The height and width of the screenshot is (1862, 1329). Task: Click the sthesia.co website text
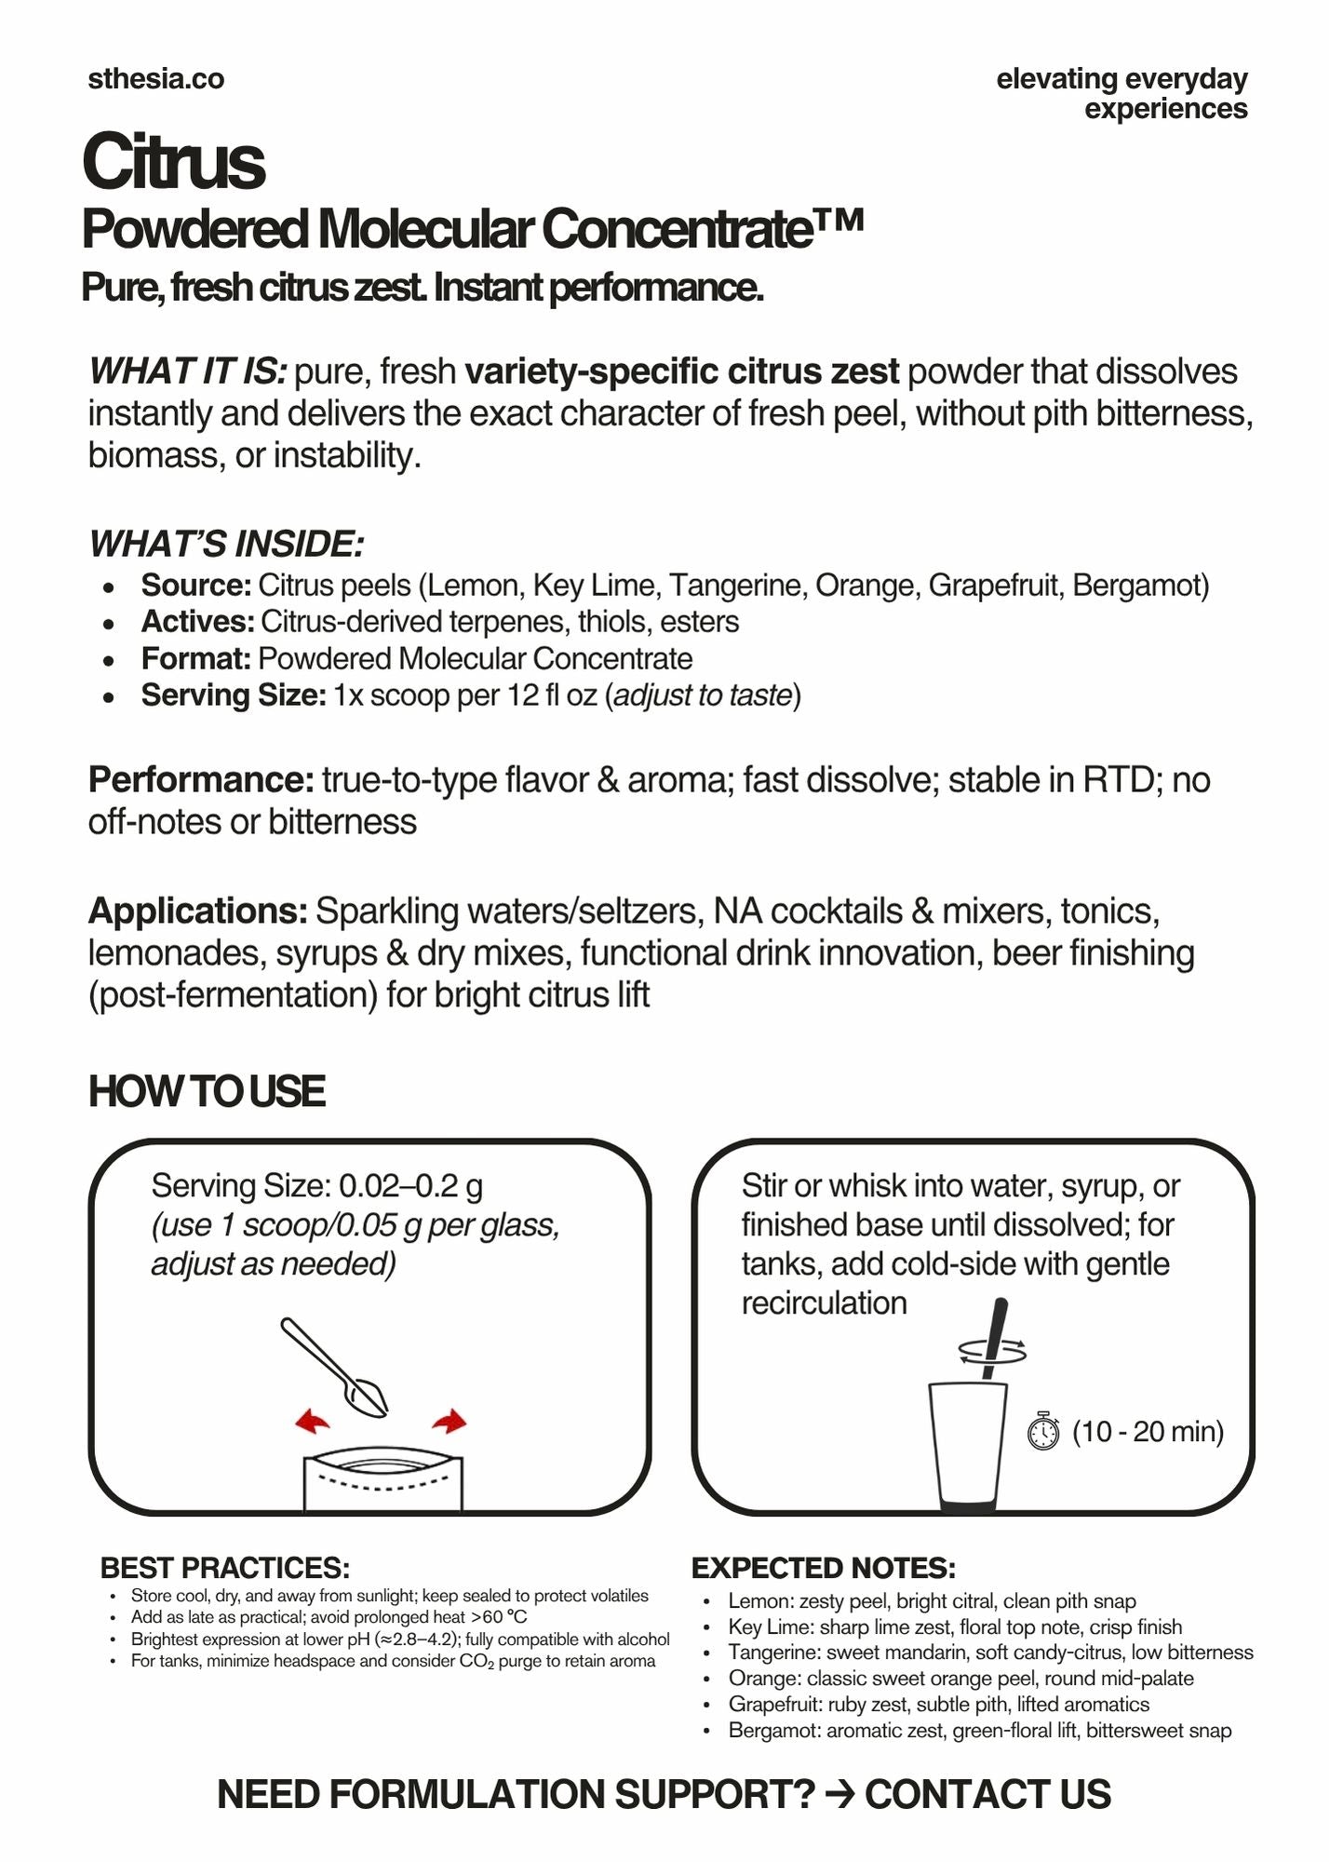(x=155, y=79)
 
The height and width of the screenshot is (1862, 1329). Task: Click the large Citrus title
(x=174, y=162)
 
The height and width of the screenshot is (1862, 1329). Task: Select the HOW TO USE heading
(x=207, y=1092)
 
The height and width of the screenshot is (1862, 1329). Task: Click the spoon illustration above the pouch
(x=335, y=1367)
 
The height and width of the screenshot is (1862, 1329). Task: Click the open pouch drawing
(x=383, y=1479)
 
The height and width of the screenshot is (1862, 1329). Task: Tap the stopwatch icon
(x=1043, y=1431)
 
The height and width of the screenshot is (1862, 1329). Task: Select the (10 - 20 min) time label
(x=1148, y=1431)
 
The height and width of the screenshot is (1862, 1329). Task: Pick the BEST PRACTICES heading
(x=224, y=1569)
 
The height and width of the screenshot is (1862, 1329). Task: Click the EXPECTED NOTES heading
(x=823, y=1569)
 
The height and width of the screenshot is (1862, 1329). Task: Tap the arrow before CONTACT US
(x=840, y=1794)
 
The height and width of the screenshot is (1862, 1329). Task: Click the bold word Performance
(x=201, y=780)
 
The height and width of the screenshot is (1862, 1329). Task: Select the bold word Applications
(x=197, y=911)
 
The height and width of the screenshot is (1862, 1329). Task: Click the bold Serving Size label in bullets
(x=233, y=695)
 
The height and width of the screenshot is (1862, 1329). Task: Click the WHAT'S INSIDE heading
(x=226, y=544)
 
